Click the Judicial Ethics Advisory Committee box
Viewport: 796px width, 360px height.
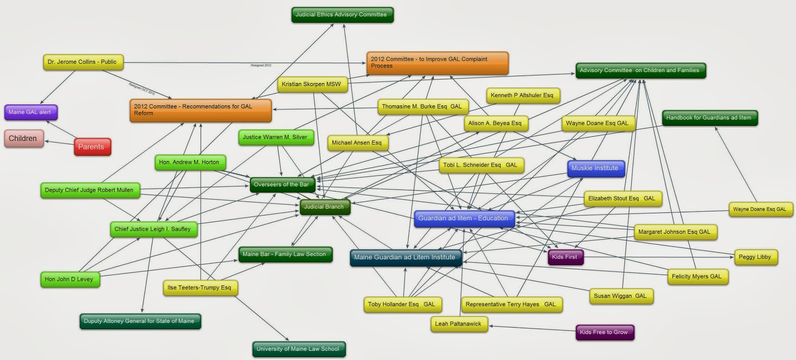point(342,15)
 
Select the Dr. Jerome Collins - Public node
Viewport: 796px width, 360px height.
point(83,62)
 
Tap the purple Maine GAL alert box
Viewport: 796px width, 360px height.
point(30,112)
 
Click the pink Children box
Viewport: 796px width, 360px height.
point(23,139)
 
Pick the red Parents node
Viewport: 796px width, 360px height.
point(92,147)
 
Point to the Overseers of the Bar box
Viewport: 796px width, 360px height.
point(282,185)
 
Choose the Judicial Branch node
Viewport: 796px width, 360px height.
point(324,207)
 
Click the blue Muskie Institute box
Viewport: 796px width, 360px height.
point(595,169)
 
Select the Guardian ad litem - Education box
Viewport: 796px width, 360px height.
point(464,218)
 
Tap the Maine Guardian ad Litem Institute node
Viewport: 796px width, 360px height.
point(405,258)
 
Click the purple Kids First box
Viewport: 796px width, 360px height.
point(565,257)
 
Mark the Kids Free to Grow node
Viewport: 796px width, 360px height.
point(604,332)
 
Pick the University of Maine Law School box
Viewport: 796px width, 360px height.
point(298,349)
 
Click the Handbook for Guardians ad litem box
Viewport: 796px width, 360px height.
point(709,118)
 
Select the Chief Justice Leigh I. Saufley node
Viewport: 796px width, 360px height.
point(153,229)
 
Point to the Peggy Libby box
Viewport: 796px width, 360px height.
point(755,257)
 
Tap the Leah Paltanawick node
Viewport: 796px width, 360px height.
point(458,324)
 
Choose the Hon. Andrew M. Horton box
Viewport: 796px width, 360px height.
point(189,163)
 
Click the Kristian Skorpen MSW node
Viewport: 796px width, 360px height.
point(312,85)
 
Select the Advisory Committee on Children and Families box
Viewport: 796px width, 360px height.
point(640,71)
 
